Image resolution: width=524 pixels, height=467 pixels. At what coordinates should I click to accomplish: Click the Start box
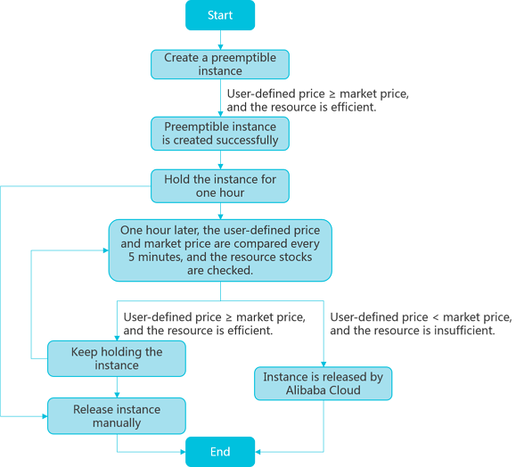pyautogui.click(x=220, y=15)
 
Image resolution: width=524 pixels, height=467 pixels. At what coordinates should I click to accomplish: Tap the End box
pyautogui.click(x=220, y=452)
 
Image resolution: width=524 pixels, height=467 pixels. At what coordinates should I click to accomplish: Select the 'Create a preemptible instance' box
pyautogui.click(x=220, y=64)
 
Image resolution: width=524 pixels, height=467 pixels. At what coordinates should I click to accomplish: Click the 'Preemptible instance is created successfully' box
pyautogui.click(x=220, y=134)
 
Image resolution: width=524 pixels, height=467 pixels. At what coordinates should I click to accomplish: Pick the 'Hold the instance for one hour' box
pyautogui.click(x=220, y=186)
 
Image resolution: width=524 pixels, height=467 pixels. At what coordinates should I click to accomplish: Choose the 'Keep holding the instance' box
pyautogui.click(x=117, y=358)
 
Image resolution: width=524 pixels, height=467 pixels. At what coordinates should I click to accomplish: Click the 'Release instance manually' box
pyautogui.click(x=117, y=416)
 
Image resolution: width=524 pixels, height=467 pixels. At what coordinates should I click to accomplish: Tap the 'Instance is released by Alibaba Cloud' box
pyautogui.click(x=323, y=383)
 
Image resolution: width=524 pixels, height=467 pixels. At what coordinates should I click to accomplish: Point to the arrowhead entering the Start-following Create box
pyautogui.click(x=220, y=47)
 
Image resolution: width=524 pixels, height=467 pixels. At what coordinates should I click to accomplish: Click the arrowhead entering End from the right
pyautogui.click(x=258, y=452)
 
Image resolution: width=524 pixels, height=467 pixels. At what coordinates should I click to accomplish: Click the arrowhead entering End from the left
pyautogui.click(x=183, y=452)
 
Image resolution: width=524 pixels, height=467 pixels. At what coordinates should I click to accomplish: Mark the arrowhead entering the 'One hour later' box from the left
pyautogui.click(x=106, y=250)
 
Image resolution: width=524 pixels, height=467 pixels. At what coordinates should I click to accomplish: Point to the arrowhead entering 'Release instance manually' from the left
pyautogui.click(x=45, y=416)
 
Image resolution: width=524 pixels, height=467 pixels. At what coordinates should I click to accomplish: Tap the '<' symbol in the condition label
pyautogui.click(x=436, y=317)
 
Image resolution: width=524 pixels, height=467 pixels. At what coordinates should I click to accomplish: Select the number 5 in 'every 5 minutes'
pyautogui.click(x=132, y=257)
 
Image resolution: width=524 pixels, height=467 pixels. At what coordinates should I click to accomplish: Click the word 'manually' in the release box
pyautogui.click(x=117, y=423)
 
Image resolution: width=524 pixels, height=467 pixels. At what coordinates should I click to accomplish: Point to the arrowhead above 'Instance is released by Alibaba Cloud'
pyautogui.click(x=323, y=364)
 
